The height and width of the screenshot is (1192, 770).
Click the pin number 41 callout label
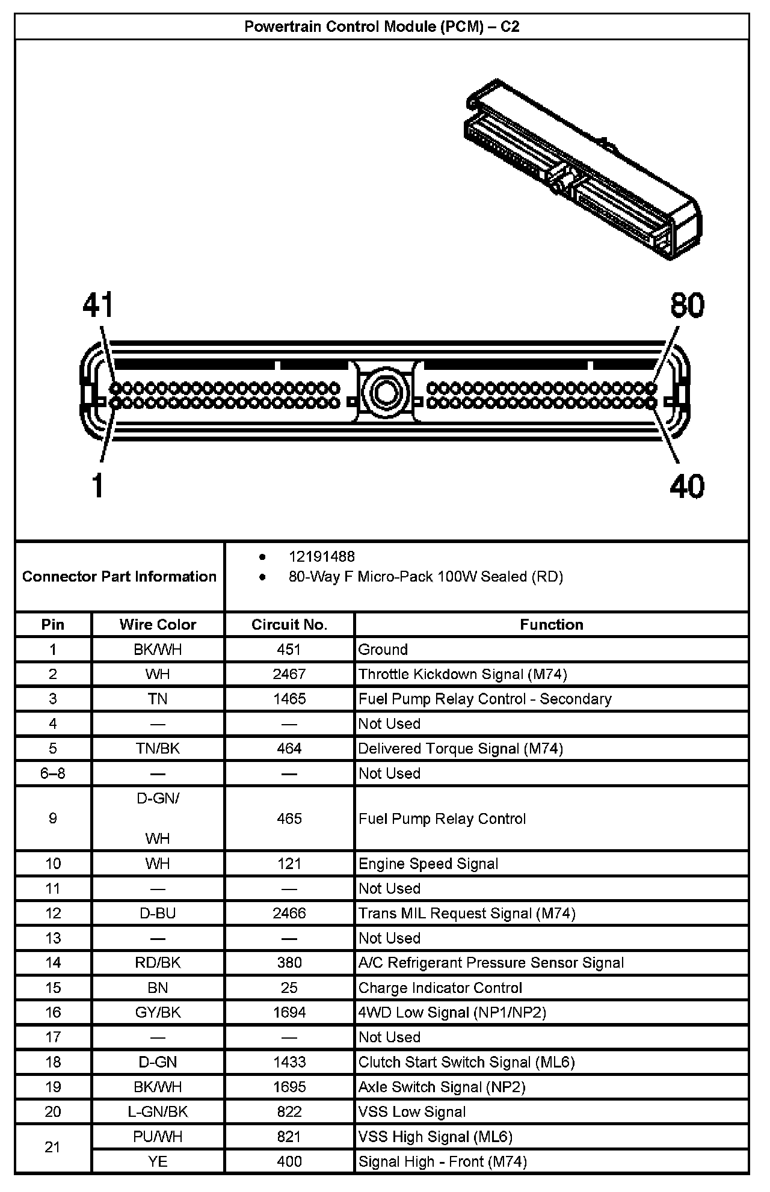[x=98, y=306]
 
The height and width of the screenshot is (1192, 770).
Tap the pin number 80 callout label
[x=687, y=306]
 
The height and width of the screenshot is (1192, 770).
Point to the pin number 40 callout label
[x=687, y=486]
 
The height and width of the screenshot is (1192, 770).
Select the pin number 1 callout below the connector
[x=97, y=486]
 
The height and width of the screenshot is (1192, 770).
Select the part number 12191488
[x=321, y=557]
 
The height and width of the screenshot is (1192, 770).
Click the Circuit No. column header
[x=289, y=625]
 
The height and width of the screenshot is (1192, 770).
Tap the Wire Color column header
[x=158, y=625]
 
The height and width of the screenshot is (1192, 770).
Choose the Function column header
[x=552, y=625]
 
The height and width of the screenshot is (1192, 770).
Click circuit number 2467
[x=289, y=674]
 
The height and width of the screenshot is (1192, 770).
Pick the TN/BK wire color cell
[x=158, y=749]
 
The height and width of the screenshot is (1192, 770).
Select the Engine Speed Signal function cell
[x=428, y=864]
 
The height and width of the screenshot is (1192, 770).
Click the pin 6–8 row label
[x=53, y=773]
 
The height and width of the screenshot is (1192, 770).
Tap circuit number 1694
[x=289, y=1013]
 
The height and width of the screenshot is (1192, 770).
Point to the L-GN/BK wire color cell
[x=158, y=1112]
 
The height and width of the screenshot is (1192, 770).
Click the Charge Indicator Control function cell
[x=440, y=988]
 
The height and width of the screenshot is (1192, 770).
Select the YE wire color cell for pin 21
[x=158, y=1162]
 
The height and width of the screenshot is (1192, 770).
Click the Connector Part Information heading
[x=119, y=577]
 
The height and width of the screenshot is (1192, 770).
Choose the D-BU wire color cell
[x=158, y=914]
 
